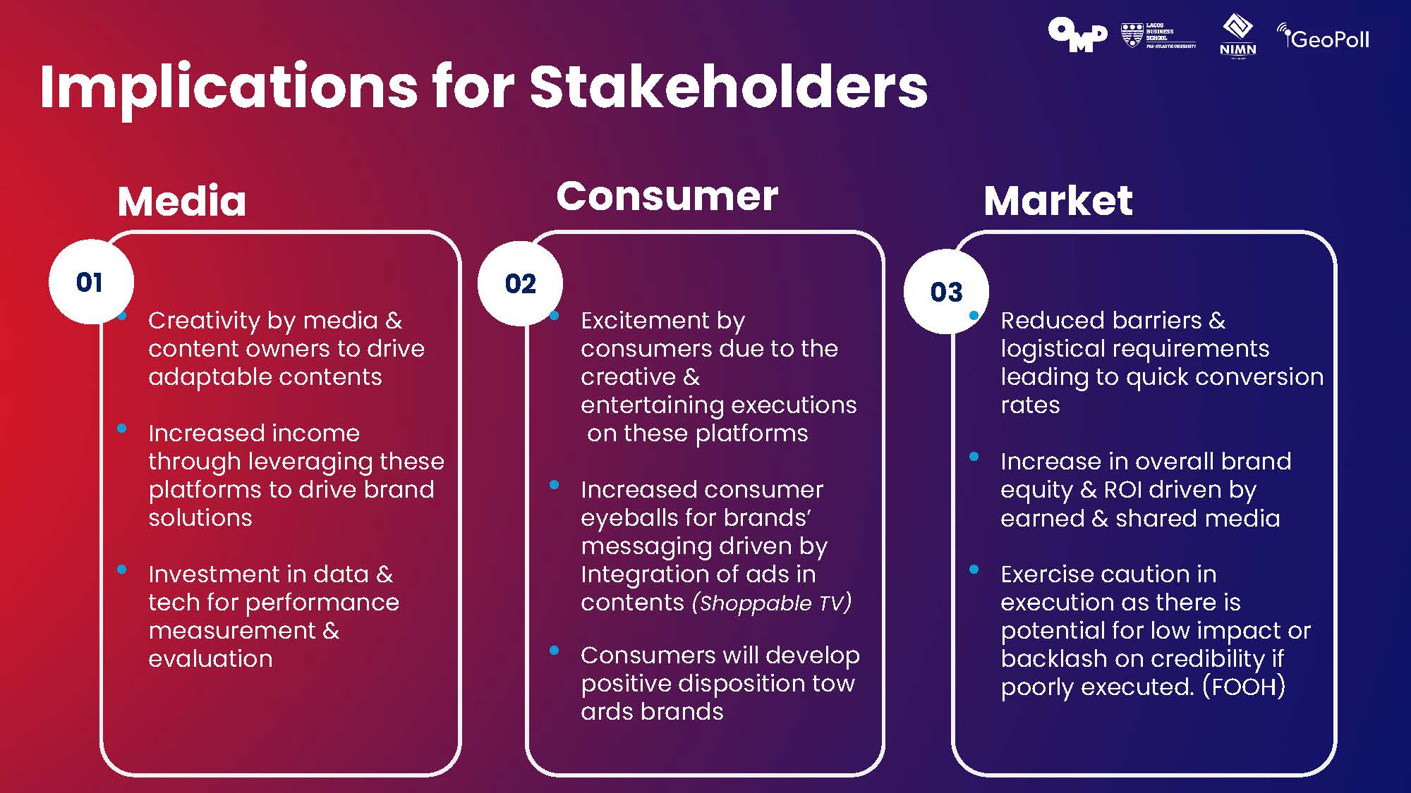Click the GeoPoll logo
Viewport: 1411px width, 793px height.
point(1324,37)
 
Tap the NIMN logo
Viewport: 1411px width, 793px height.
point(1237,35)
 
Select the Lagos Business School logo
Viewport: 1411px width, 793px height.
point(1157,35)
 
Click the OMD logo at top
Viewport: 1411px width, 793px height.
point(1077,35)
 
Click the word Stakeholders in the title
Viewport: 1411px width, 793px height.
point(728,87)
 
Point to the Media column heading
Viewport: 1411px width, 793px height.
point(182,202)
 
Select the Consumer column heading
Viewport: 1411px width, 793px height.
point(667,196)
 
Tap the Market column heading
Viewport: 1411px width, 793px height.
point(1058,202)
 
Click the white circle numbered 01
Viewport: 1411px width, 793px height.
point(90,282)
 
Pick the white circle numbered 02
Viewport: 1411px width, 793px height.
point(521,283)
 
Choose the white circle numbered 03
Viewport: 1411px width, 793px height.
point(946,292)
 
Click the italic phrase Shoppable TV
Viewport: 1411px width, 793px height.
point(772,603)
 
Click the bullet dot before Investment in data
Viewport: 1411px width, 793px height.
point(122,569)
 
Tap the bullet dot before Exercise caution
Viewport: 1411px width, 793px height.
point(974,569)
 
